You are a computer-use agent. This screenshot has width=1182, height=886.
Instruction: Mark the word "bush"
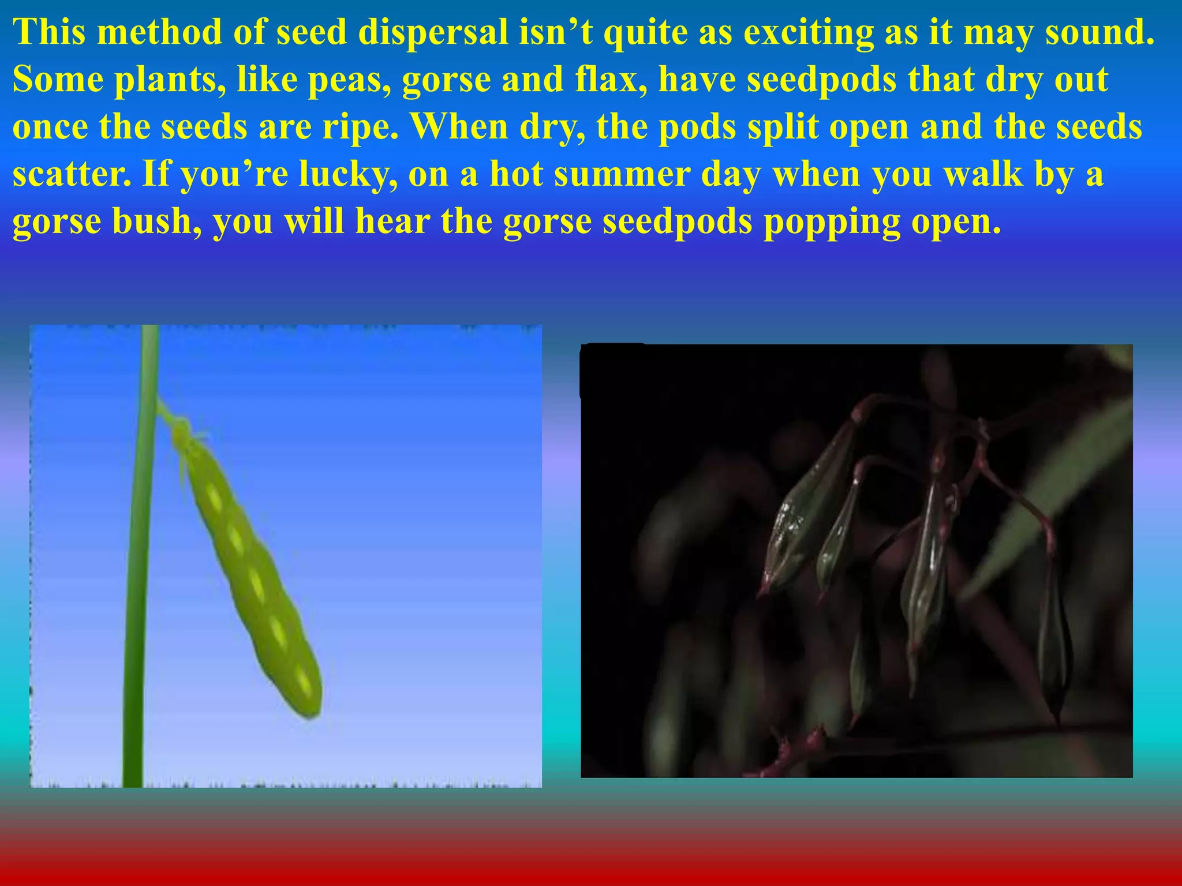click(x=156, y=221)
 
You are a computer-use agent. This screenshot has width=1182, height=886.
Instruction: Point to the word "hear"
click(x=392, y=221)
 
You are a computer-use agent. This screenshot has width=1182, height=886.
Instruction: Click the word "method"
click(x=159, y=32)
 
